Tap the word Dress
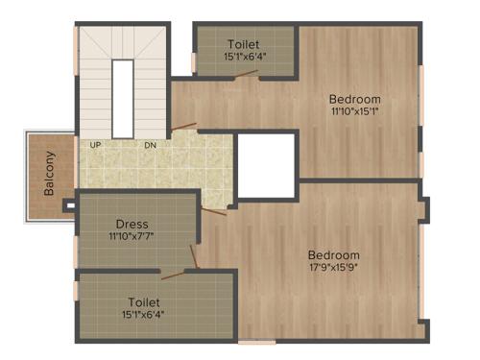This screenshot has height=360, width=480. (130, 224)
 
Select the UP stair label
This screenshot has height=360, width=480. (95, 145)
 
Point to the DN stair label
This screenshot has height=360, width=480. (150, 145)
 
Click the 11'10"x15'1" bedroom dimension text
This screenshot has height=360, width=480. (354, 110)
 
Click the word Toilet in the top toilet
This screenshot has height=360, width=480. (244, 44)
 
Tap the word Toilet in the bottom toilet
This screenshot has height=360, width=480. (142, 300)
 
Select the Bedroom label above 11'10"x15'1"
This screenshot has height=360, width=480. (354, 99)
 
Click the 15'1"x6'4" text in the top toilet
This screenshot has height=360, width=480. (244, 57)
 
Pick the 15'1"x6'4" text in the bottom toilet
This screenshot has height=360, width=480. (142, 312)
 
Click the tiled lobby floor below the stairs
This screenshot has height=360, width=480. (158, 168)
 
